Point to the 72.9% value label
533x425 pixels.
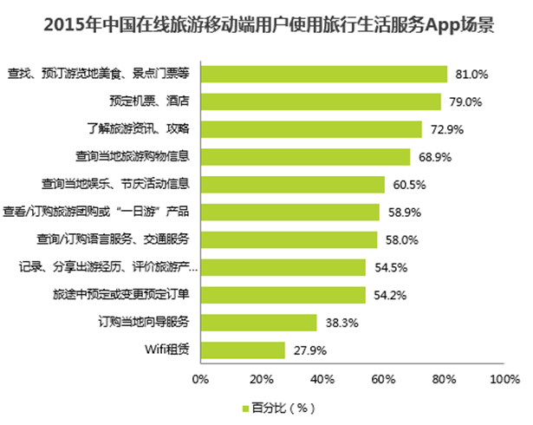tap(443, 130)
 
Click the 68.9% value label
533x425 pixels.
tap(431, 158)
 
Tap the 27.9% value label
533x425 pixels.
tap(306, 350)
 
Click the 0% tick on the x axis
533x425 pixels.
tap(200, 378)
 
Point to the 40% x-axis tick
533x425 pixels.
tap(322, 378)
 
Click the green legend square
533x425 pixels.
tap(244, 407)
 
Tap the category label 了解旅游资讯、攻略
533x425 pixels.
tap(140, 130)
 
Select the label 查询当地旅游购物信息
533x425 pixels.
tap(133, 158)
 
